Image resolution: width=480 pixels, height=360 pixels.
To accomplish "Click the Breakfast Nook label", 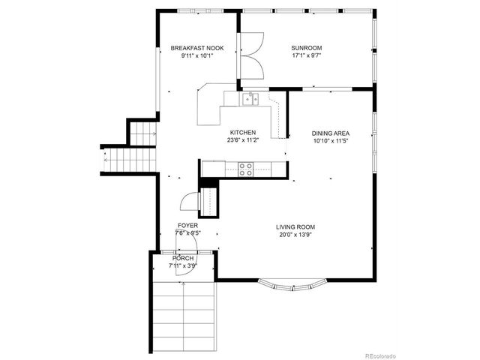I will [x=196, y=48].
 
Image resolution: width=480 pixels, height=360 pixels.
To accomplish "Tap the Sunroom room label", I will [x=306, y=48].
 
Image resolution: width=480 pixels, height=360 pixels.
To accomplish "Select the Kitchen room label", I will [x=243, y=131].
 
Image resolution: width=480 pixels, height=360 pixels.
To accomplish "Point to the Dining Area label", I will [x=331, y=133].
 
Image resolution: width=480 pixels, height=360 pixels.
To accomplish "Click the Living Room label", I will [x=295, y=226].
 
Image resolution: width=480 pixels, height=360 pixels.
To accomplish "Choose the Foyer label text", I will [x=187, y=225].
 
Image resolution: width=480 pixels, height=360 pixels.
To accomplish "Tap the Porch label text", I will [x=183, y=258].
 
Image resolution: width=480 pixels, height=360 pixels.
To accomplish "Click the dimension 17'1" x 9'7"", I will [x=306, y=55].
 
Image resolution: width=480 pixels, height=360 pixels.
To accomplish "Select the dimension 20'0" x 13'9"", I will [x=295, y=234].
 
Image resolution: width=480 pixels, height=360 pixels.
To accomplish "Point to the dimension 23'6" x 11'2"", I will [x=243, y=139].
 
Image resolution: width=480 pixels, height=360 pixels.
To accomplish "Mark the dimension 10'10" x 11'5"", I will [x=331, y=141].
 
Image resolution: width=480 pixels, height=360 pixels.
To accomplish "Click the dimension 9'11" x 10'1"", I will [x=196, y=55].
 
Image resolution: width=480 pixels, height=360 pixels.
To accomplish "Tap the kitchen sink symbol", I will [x=249, y=97].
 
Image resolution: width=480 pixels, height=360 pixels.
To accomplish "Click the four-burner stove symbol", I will [x=245, y=169].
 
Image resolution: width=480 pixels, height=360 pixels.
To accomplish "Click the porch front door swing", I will [x=181, y=271].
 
